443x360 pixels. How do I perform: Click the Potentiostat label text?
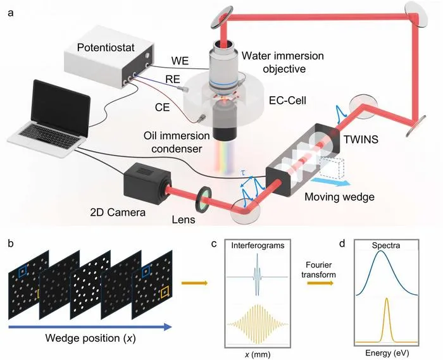pyautogui.click(x=106, y=47)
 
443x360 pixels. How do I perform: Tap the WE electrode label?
pyautogui.click(x=180, y=61)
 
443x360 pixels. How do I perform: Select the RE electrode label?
pyautogui.click(x=173, y=79)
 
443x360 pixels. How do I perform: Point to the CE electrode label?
pyautogui.click(x=162, y=107)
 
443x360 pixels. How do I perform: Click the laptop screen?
pyautogui.click(x=61, y=108)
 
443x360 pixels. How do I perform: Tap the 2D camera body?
pyautogui.click(x=145, y=183)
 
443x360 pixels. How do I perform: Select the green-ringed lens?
pyautogui.click(x=203, y=200)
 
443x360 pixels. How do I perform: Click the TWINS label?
pyautogui.click(x=361, y=139)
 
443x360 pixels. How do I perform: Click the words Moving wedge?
pyautogui.click(x=339, y=197)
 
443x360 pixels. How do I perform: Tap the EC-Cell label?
pyautogui.click(x=287, y=100)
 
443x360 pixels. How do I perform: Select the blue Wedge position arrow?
pyautogui.click(x=90, y=327)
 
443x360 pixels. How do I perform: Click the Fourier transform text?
pyautogui.click(x=318, y=270)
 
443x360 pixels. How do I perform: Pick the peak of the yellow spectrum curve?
pyautogui.click(x=387, y=299)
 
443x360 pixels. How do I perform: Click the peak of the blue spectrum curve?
pyautogui.click(x=381, y=251)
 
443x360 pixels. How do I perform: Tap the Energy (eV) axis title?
pyautogui.click(x=387, y=352)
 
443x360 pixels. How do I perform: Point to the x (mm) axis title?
pyautogui.click(x=257, y=354)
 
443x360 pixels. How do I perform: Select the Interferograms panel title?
pyautogui.click(x=258, y=245)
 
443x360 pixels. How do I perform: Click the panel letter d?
pyautogui.click(x=342, y=244)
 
